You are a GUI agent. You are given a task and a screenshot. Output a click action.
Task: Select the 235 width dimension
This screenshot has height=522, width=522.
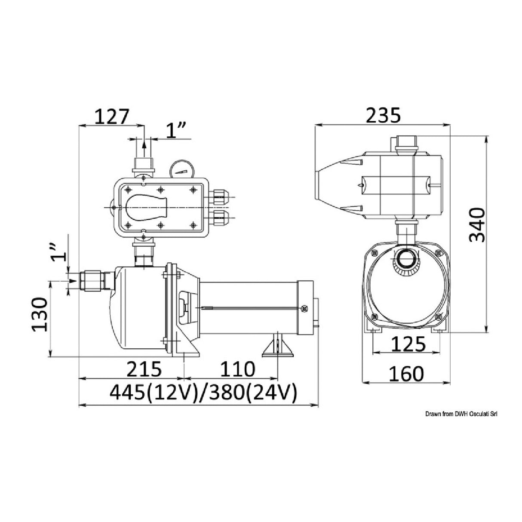pyautogui.click(x=383, y=116)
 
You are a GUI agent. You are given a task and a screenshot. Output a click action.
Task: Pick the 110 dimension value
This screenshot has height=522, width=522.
pyautogui.click(x=237, y=369)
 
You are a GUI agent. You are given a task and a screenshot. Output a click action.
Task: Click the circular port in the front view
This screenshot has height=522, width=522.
pyautogui.click(x=406, y=260)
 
